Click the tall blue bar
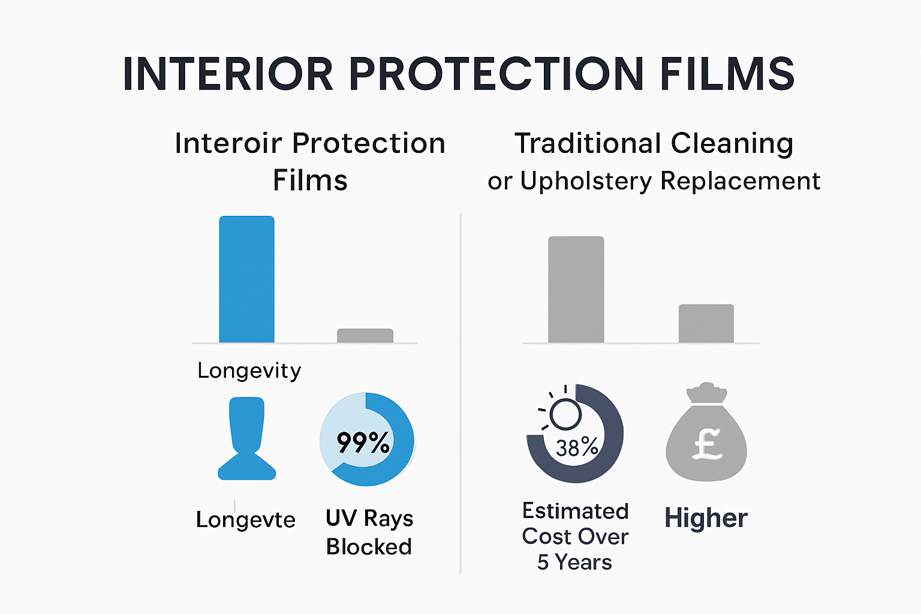tap(246, 279)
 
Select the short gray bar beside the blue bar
tap(365, 336)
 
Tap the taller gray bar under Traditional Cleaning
tap(576, 290)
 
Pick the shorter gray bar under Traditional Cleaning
tap(706, 323)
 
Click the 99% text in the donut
tap(363, 443)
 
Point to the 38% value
tap(577, 447)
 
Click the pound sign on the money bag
tap(708, 444)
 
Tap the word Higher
tap(706, 518)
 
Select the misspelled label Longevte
tap(245, 519)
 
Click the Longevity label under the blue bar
tap(249, 371)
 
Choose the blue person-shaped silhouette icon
tap(246, 438)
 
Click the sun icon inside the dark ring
tap(564, 414)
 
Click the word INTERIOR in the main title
tap(228, 74)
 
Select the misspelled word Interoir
tap(228, 143)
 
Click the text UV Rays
tap(369, 518)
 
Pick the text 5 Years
tap(574, 562)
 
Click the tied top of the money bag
tap(707, 393)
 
